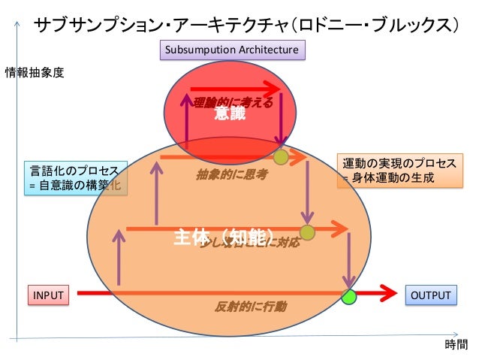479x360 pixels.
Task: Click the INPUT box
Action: pos(47,295)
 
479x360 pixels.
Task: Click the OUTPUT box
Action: pos(430,295)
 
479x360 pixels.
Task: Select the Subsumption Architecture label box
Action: pos(232,50)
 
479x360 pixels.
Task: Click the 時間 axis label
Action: pos(456,345)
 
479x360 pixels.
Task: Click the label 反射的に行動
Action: pos(250,307)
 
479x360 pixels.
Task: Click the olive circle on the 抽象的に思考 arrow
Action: pos(281,157)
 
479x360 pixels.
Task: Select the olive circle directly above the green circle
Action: pos(307,233)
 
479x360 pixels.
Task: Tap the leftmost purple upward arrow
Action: pos(119,256)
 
